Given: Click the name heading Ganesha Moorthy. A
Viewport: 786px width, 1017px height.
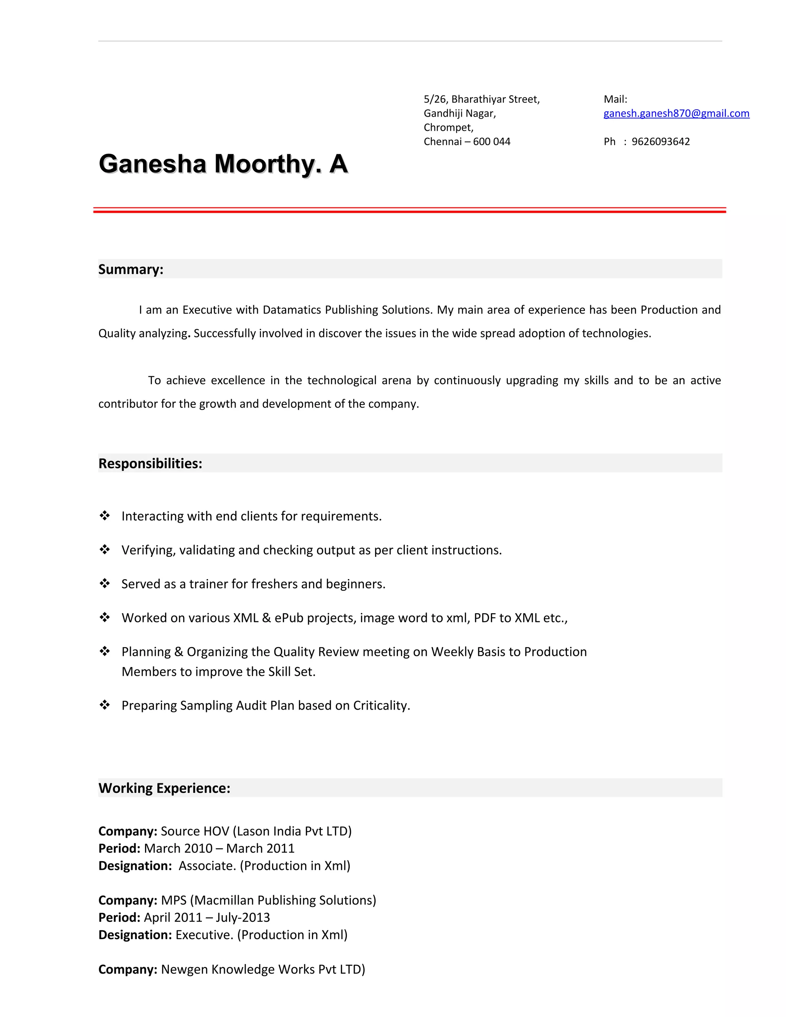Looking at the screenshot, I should (x=223, y=164).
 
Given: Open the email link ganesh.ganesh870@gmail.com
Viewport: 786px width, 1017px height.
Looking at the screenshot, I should (x=676, y=113).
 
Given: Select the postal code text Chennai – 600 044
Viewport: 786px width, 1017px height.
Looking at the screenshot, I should (x=467, y=142).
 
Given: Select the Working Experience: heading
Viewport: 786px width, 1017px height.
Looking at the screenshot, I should (x=164, y=788).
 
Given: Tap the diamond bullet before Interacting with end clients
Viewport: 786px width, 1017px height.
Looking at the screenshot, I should (x=105, y=515).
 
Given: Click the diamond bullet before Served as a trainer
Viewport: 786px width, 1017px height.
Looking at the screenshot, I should (x=105, y=583).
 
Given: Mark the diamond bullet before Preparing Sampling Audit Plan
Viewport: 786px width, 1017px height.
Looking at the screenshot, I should (x=105, y=705).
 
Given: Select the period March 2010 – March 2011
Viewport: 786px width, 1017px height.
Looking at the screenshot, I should (x=219, y=849).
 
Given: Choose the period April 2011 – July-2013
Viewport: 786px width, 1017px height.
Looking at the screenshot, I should (x=207, y=917).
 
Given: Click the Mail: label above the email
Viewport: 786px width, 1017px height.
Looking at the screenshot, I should (x=615, y=99).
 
